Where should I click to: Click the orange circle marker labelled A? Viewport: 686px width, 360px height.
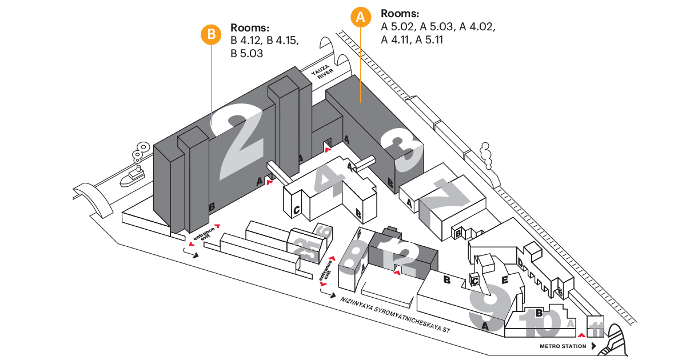pos(360,17)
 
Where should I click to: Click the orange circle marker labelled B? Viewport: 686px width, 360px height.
pos(211,34)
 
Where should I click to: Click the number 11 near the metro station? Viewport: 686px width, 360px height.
pos(596,329)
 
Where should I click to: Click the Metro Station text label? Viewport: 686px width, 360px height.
pos(563,346)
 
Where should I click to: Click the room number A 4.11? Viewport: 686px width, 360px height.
pos(396,40)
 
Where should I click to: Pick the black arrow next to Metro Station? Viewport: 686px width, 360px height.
pos(594,346)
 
